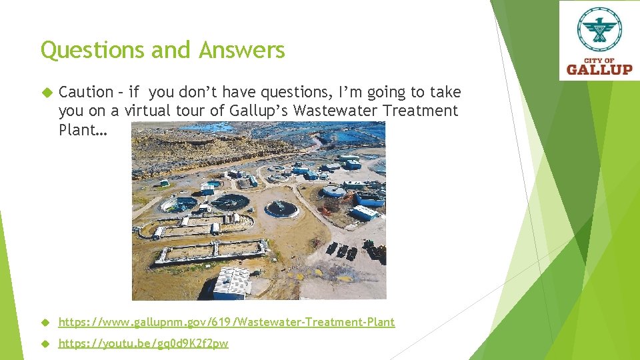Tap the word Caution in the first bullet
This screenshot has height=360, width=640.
[x=86, y=92]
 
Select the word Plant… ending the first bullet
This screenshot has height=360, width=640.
[x=83, y=129]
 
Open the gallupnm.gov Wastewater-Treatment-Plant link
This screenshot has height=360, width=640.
[x=227, y=322]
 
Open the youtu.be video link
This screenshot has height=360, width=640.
[x=143, y=343]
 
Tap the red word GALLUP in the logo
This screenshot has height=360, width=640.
[x=599, y=68]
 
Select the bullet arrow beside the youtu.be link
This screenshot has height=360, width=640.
[x=46, y=344]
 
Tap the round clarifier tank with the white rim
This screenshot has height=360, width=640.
[x=281, y=209]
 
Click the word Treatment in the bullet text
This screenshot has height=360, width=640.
[x=421, y=111]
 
